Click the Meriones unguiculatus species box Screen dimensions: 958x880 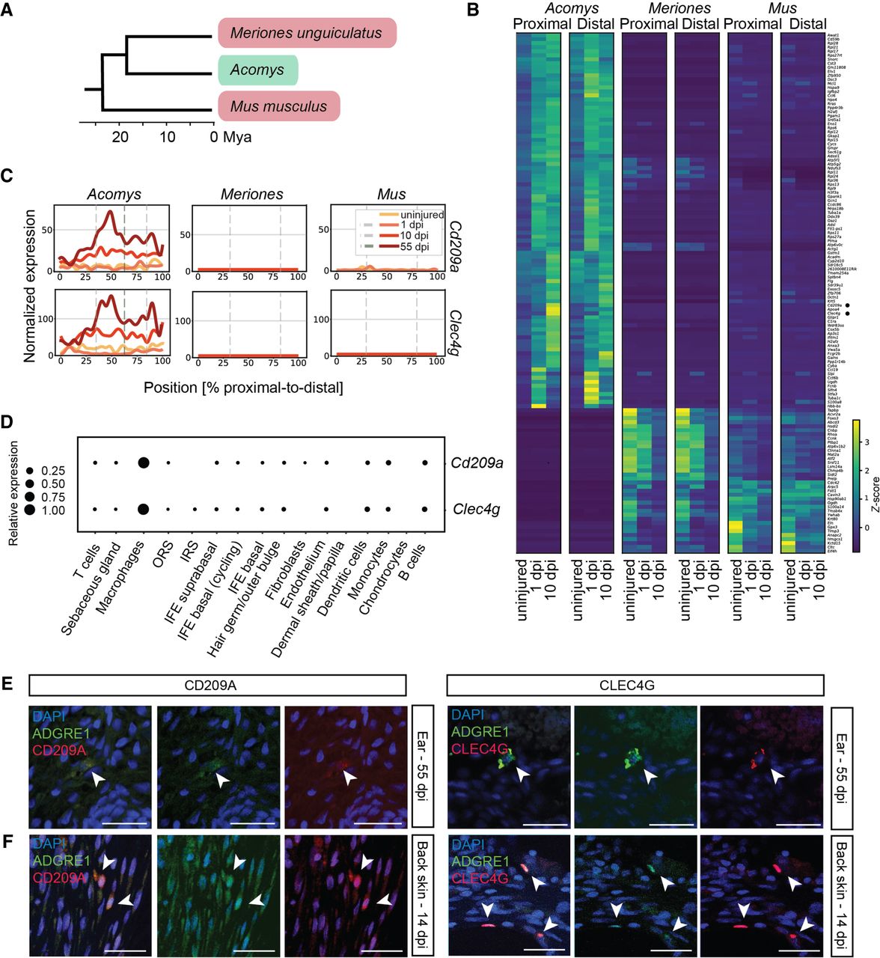(307, 34)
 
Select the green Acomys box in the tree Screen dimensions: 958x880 (258, 70)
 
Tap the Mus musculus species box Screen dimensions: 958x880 (279, 106)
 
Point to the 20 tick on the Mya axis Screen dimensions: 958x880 (120, 137)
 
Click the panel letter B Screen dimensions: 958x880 (473, 10)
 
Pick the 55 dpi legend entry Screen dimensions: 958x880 (414, 247)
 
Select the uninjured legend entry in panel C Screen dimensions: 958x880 (421, 215)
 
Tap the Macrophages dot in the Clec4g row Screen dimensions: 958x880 (143, 510)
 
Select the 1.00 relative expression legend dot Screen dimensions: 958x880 (30, 510)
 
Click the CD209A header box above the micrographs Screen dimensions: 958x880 (217, 686)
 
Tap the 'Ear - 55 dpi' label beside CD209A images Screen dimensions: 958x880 (423, 765)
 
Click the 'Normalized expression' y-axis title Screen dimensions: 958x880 (30, 286)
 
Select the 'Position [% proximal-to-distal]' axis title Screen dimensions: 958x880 (243, 388)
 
